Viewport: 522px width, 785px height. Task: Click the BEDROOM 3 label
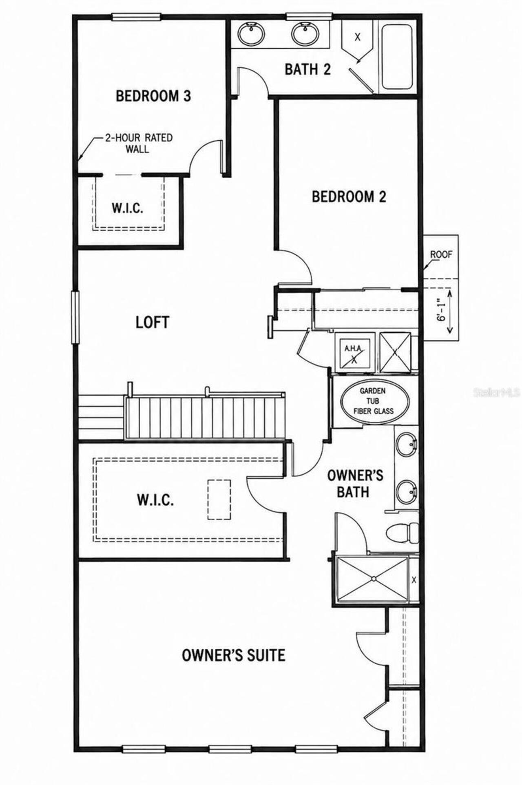[x=153, y=96]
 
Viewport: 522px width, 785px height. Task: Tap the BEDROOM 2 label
[x=349, y=197]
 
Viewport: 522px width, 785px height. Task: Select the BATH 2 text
[x=307, y=69]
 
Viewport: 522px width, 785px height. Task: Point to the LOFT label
[x=152, y=322]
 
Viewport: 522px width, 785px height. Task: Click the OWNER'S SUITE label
[x=233, y=655]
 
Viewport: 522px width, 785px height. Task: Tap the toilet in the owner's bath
[x=402, y=533]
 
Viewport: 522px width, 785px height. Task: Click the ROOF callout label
[x=441, y=254]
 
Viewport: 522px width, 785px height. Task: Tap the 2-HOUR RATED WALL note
[x=139, y=143]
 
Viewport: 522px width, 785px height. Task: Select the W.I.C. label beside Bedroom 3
[x=128, y=208]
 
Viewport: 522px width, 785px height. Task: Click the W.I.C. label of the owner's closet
[x=155, y=500]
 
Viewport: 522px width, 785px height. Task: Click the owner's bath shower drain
[x=373, y=578]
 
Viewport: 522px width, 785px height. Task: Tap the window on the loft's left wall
[x=75, y=317]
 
